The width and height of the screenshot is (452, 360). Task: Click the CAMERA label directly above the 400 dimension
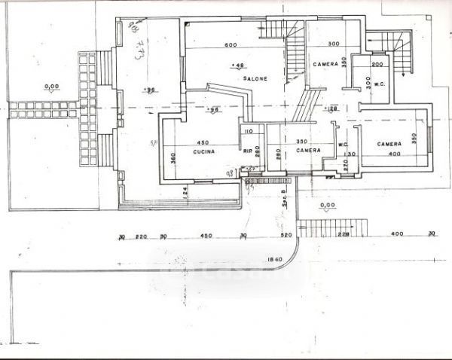click(x=389, y=144)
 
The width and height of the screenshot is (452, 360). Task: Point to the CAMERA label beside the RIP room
click(x=308, y=151)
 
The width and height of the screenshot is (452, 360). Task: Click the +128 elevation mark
click(x=332, y=108)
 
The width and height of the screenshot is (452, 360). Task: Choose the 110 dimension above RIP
click(x=248, y=131)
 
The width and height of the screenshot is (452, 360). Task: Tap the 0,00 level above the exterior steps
click(x=327, y=205)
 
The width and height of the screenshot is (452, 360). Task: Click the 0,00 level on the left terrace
click(x=51, y=87)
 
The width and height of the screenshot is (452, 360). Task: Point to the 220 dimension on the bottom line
click(x=140, y=236)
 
